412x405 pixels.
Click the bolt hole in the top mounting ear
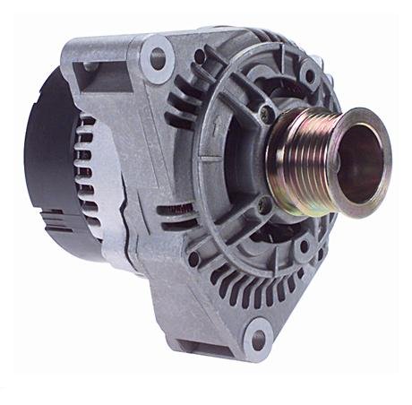click(x=158, y=58)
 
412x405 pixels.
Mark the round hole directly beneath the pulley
click(x=303, y=244)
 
